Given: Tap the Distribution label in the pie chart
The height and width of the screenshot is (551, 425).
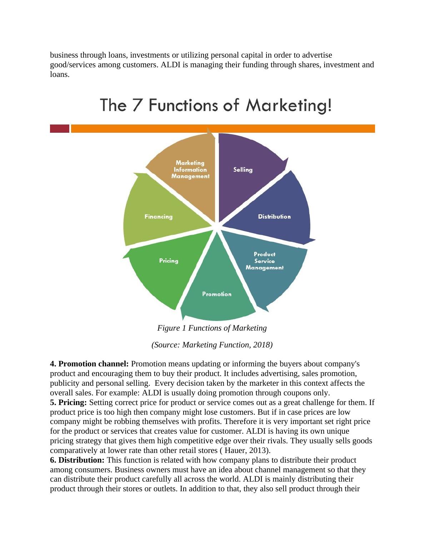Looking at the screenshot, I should pyautogui.click(x=274, y=216).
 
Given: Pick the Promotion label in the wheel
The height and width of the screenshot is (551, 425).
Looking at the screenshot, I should pyautogui.click(x=217, y=294).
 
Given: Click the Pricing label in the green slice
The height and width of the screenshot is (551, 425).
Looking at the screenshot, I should pyautogui.click(x=169, y=261).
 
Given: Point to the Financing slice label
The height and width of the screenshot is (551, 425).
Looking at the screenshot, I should pyautogui.click(x=159, y=216).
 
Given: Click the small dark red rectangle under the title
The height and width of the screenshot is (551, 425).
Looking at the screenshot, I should pyautogui.click(x=59, y=128).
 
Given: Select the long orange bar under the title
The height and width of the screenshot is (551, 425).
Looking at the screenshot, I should pyautogui.click(x=223, y=128).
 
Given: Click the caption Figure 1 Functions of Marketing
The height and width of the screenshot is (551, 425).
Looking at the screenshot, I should pyautogui.click(x=212, y=328).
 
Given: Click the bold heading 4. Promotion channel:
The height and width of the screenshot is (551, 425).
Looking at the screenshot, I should pyautogui.click(x=89, y=364).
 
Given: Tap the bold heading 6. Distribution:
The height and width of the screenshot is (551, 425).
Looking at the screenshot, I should pyautogui.click(x=77, y=460).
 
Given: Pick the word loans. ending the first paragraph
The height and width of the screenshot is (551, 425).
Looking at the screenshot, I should pyautogui.click(x=60, y=74).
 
